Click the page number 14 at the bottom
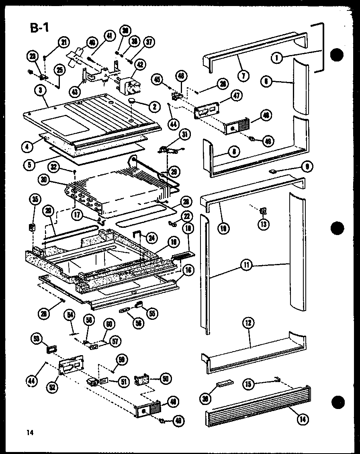29,432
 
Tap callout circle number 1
276,58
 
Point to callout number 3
39,91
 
